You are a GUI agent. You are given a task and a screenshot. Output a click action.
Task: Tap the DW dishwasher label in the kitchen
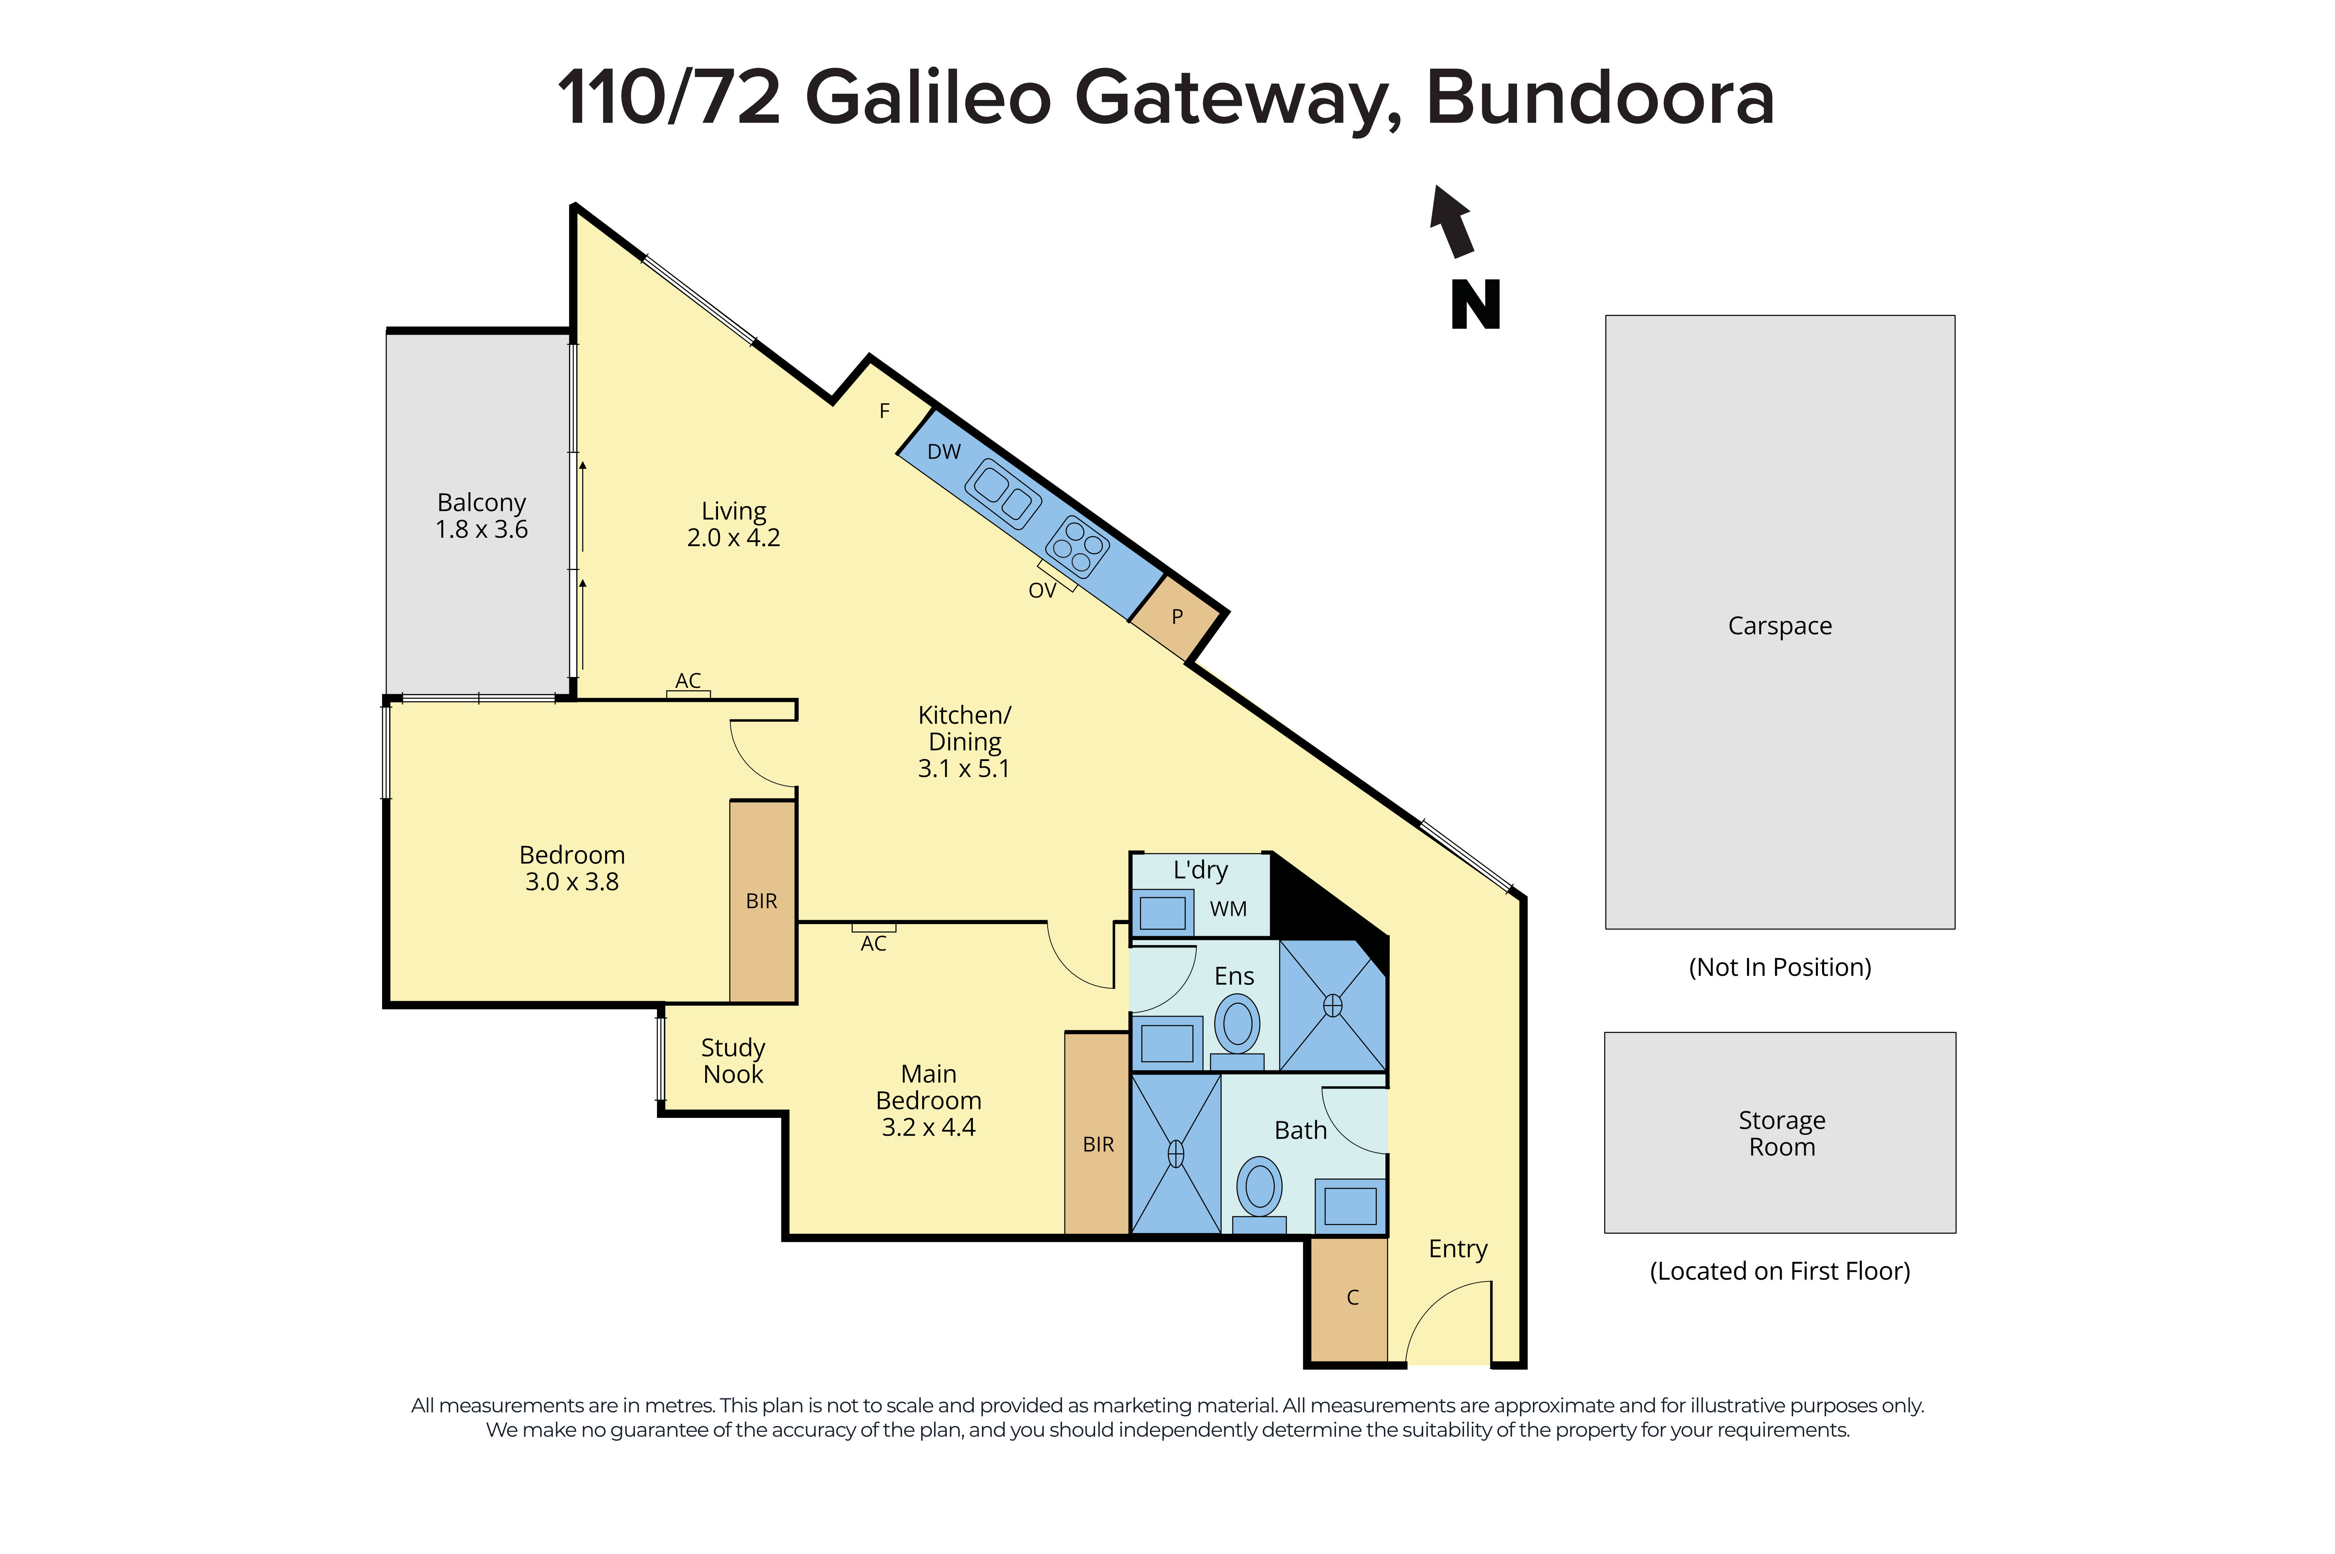(943, 452)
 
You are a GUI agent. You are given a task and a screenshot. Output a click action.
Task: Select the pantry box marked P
(1176, 616)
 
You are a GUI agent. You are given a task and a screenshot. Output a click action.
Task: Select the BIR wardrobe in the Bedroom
(761, 901)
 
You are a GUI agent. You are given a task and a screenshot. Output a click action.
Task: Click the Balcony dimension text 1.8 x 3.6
(482, 530)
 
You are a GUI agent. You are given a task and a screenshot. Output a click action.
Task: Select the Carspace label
(1779, 626)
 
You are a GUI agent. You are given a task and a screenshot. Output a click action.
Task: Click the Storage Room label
(1781, 1133)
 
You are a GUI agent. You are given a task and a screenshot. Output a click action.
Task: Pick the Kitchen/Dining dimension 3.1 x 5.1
(963, 769)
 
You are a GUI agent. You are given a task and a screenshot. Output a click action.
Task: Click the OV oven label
(1042, 591)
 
